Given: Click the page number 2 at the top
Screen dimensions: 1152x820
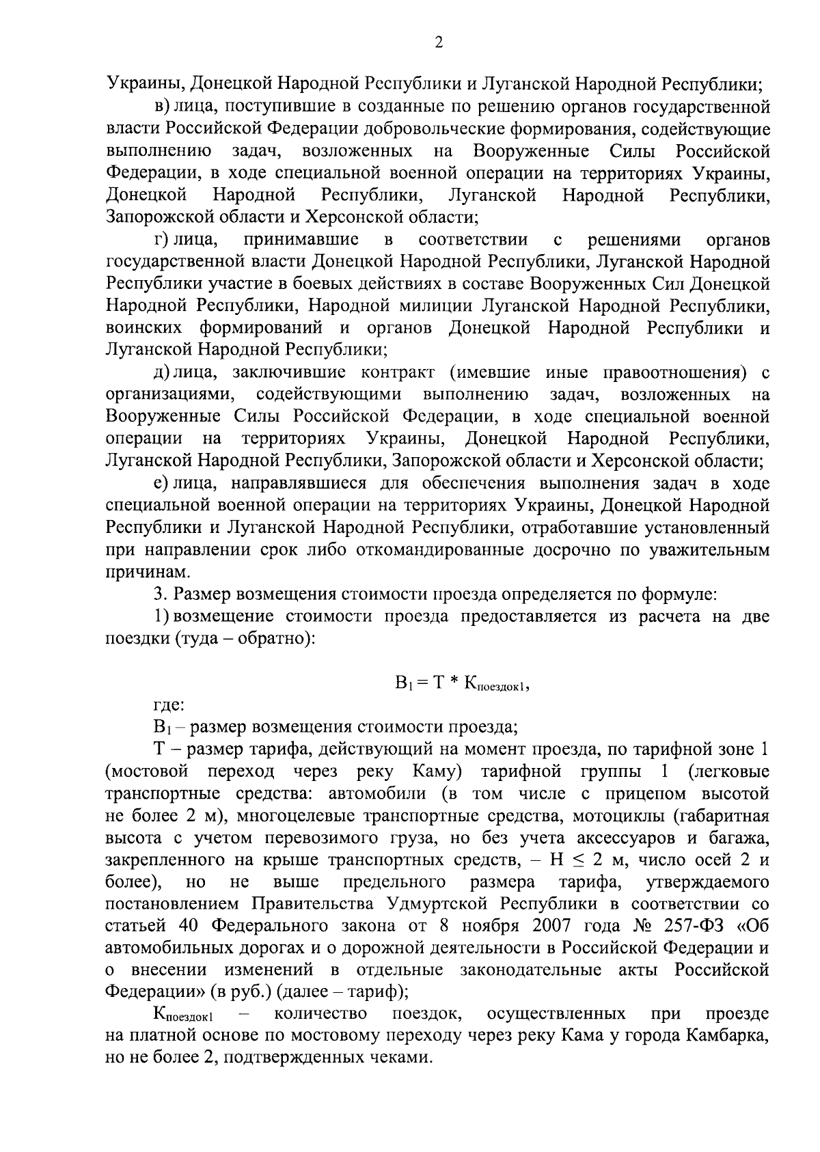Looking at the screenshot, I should tap(439, 42).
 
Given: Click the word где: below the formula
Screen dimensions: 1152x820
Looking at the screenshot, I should tap(168, 704).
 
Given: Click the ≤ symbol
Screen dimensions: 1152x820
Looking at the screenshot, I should tap(616, 860).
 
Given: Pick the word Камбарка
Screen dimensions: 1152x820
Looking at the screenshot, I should tap(726, 1035).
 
